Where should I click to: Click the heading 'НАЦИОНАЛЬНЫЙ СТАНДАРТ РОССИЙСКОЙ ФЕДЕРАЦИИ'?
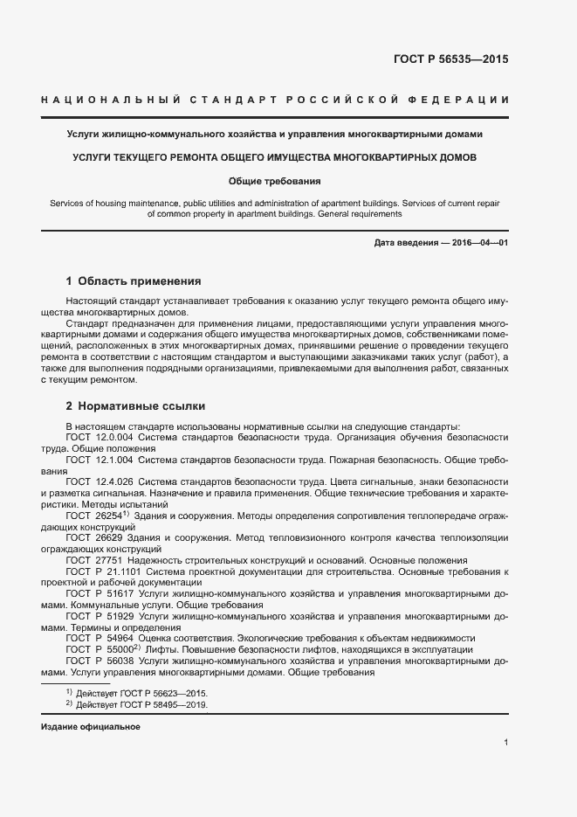pyautogui.click(x=275, y=101)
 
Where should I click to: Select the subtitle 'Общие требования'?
pyautogui.click(x=275, y=182)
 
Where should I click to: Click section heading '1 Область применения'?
pyautogui.click(x=134, y=281)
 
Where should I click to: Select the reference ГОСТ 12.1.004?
pyautogui.click(x=99, y=459)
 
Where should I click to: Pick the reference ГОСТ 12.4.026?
pyautogui.click(x=99, y=481)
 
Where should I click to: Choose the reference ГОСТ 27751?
pyautogui.click(x=93, y=560)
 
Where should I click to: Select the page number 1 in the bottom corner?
pyautogui.click(x=505, y=743)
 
